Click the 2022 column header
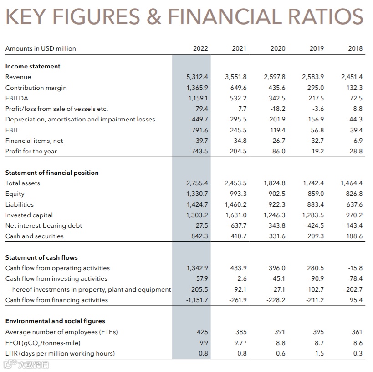pyautogui.click(x=200, y=48)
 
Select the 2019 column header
pyautogui.click(x=317, y=48)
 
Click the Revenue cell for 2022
pyautogui.click(x=197, y=77)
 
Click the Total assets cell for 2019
pyautogui.click(x=314, y=183)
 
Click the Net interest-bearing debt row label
pyautogui.click(x=44, y=225)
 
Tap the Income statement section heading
pyautogui.click(x=33, y=66)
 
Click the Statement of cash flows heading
pyautogui.click(x=41, y=257)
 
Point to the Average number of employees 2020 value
pyautogui.click(x=280, y=332)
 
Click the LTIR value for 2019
pyautogui.click(x=319, y=353)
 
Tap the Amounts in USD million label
pyautogui.click(x=41, y=48)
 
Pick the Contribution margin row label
pyautogui.click(x=36, y=88)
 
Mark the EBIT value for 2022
pyautogui.click(x=200, y=130)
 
